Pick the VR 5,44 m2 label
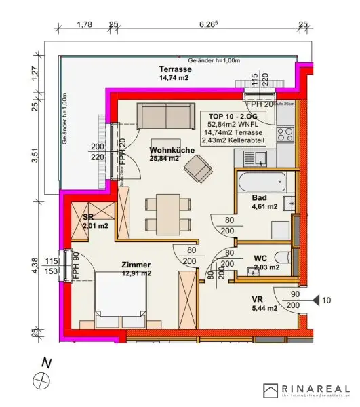[x=264, y=303]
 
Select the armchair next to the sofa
[x=199, y=166]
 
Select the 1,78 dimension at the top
[x=84, y=24]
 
